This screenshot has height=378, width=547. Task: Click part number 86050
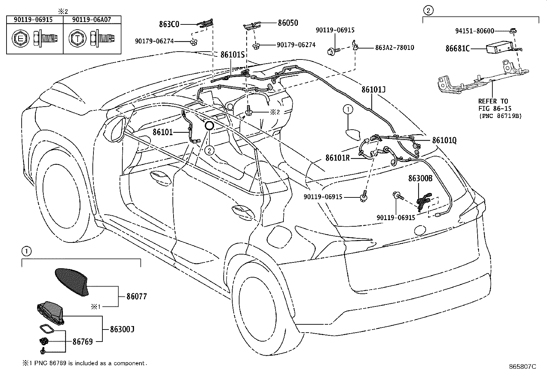pos(288,23)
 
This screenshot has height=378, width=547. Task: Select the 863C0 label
pos(169,24)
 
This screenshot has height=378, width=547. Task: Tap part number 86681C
pos(458,48)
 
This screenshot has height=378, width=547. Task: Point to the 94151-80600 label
pos(475,31)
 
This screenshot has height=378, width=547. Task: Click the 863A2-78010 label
pos(394,47)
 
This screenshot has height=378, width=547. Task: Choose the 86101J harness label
pos(373,89)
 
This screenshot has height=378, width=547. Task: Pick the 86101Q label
pos(444,140)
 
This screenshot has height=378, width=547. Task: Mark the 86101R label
pos(337,158)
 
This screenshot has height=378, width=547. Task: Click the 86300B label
pos(420,178)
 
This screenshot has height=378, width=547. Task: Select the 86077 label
pos(136,296)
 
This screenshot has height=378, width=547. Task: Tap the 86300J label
pos(122,329)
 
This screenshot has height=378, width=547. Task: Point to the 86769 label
pos(82,342)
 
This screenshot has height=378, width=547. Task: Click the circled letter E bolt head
pos(20,39)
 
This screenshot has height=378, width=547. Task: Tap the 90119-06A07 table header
pos(92,20)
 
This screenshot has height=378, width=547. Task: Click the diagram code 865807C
pos(522,367)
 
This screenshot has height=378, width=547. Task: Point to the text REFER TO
pos(493,101)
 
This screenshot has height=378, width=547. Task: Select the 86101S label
pos(232,54)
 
